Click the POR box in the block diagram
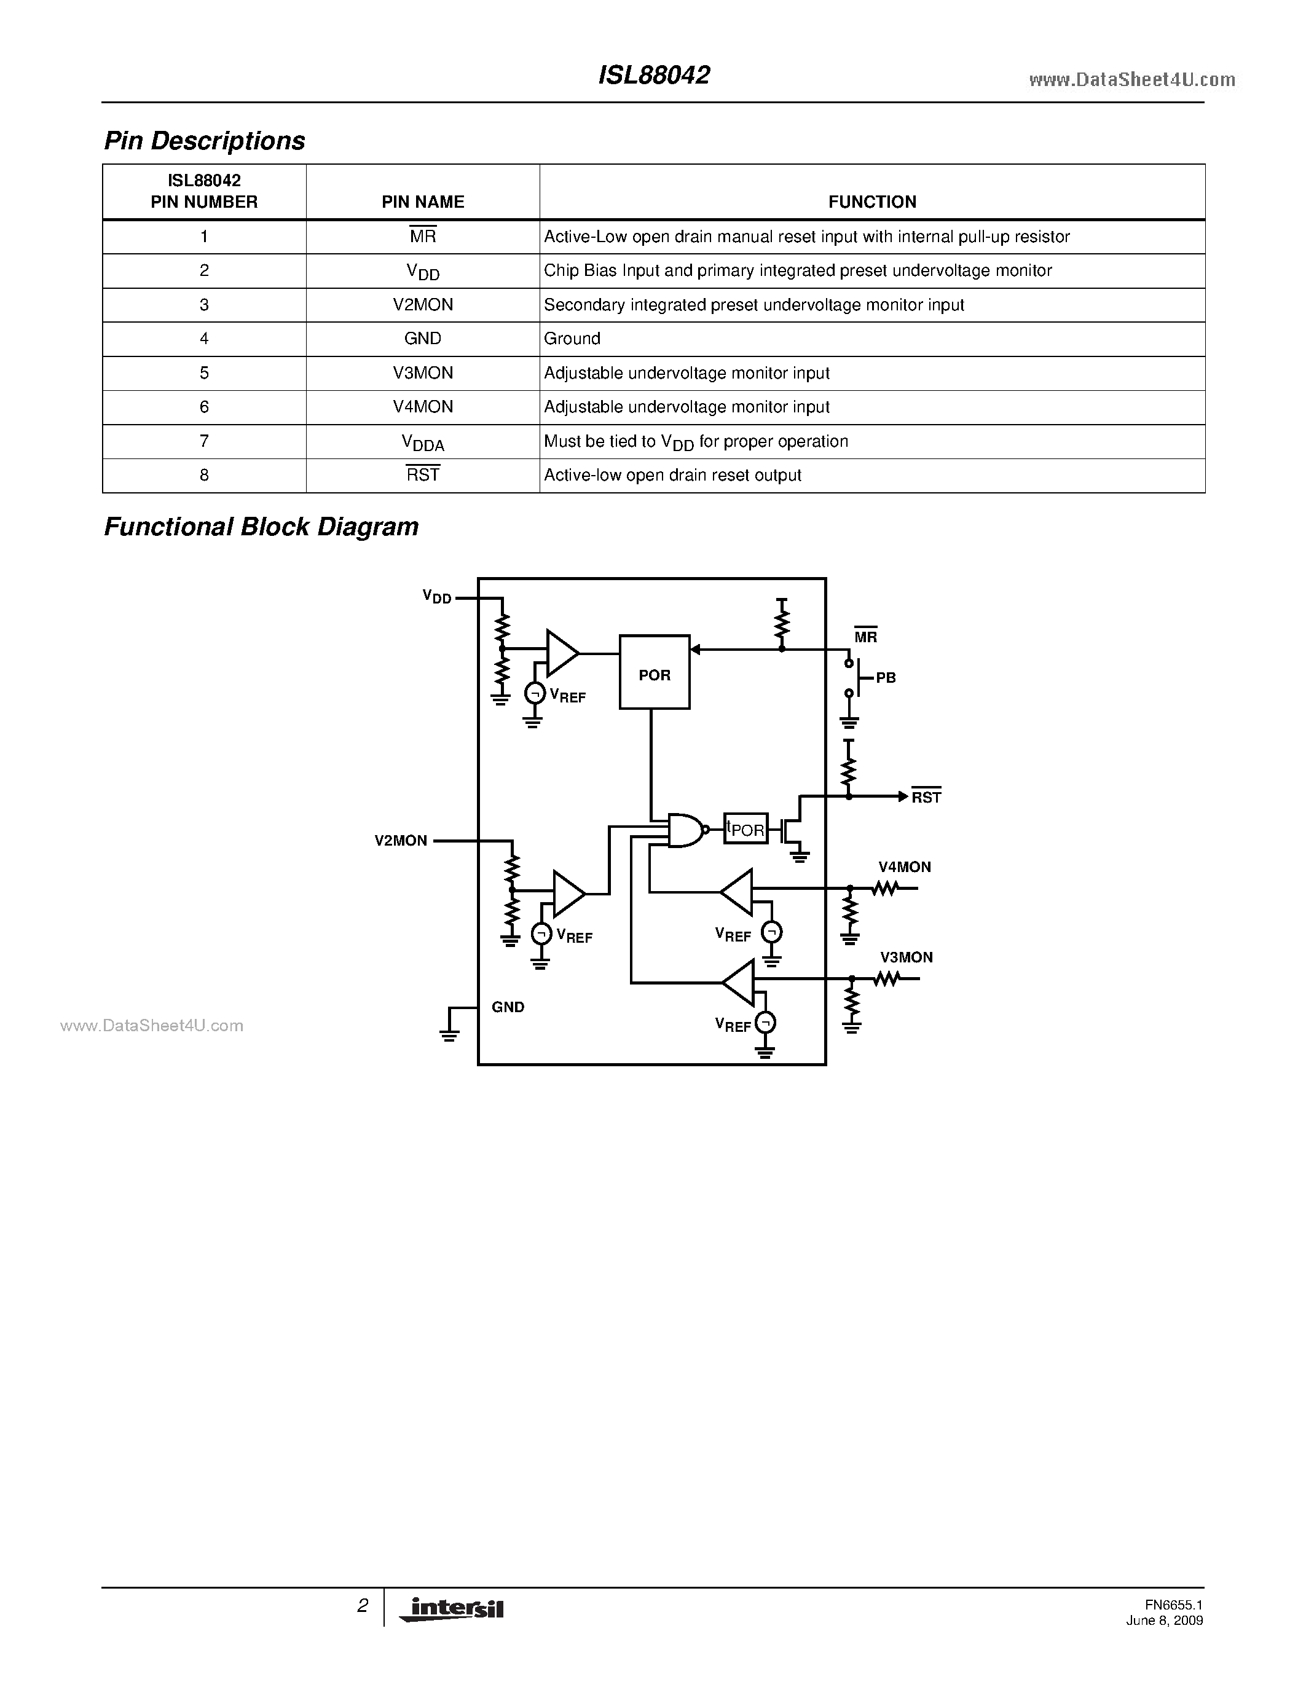click(654, 672)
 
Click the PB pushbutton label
click(885, 678)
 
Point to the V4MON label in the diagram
click(905, 868)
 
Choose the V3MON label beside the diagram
click(906, 957)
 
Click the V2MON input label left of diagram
click(401, 840)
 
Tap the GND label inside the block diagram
click(508, 1007)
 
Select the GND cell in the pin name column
click(422, 338)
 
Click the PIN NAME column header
click(422, 202)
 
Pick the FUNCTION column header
click(872, 202)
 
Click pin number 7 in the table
click(204, 441)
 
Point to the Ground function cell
click(572, 338)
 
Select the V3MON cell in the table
click(422, 373)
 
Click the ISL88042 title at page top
click(654, 75)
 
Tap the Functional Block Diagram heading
click(261, 527)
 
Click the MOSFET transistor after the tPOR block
click(792, 830)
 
